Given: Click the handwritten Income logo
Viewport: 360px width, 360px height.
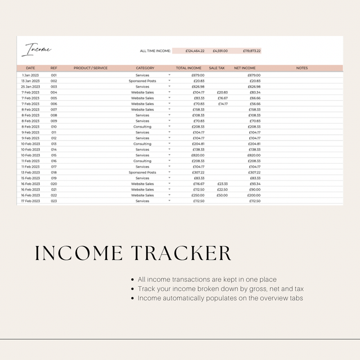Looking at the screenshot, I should [36, 51].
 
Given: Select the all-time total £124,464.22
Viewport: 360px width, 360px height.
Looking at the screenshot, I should [195, 51].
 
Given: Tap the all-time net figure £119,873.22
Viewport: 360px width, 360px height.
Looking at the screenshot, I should [251, 51].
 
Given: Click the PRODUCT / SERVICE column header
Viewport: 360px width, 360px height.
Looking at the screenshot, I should [90, 68].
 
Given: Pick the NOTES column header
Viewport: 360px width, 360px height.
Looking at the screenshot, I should [301, 68].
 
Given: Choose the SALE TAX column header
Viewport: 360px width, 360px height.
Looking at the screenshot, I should [217, 68].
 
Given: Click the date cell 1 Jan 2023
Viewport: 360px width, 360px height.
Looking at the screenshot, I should [30, 75].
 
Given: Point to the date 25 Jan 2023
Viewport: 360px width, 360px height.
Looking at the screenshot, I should [30, 87].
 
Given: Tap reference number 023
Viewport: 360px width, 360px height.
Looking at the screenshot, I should [54, 201].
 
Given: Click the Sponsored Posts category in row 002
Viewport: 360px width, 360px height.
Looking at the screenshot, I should [142, 81].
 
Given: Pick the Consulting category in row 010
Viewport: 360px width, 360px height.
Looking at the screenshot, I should [142, 127].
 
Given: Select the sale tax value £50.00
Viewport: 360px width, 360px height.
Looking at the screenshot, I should [222, 195].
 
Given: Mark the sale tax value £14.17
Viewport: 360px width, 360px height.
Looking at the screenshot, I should [223, 103].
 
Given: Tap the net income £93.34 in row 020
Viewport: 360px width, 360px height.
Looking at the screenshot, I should [255, 183].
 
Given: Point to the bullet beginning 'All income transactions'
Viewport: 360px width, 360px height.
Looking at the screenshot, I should [207, 280].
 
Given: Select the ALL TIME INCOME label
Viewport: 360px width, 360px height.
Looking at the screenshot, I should [155, 51].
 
